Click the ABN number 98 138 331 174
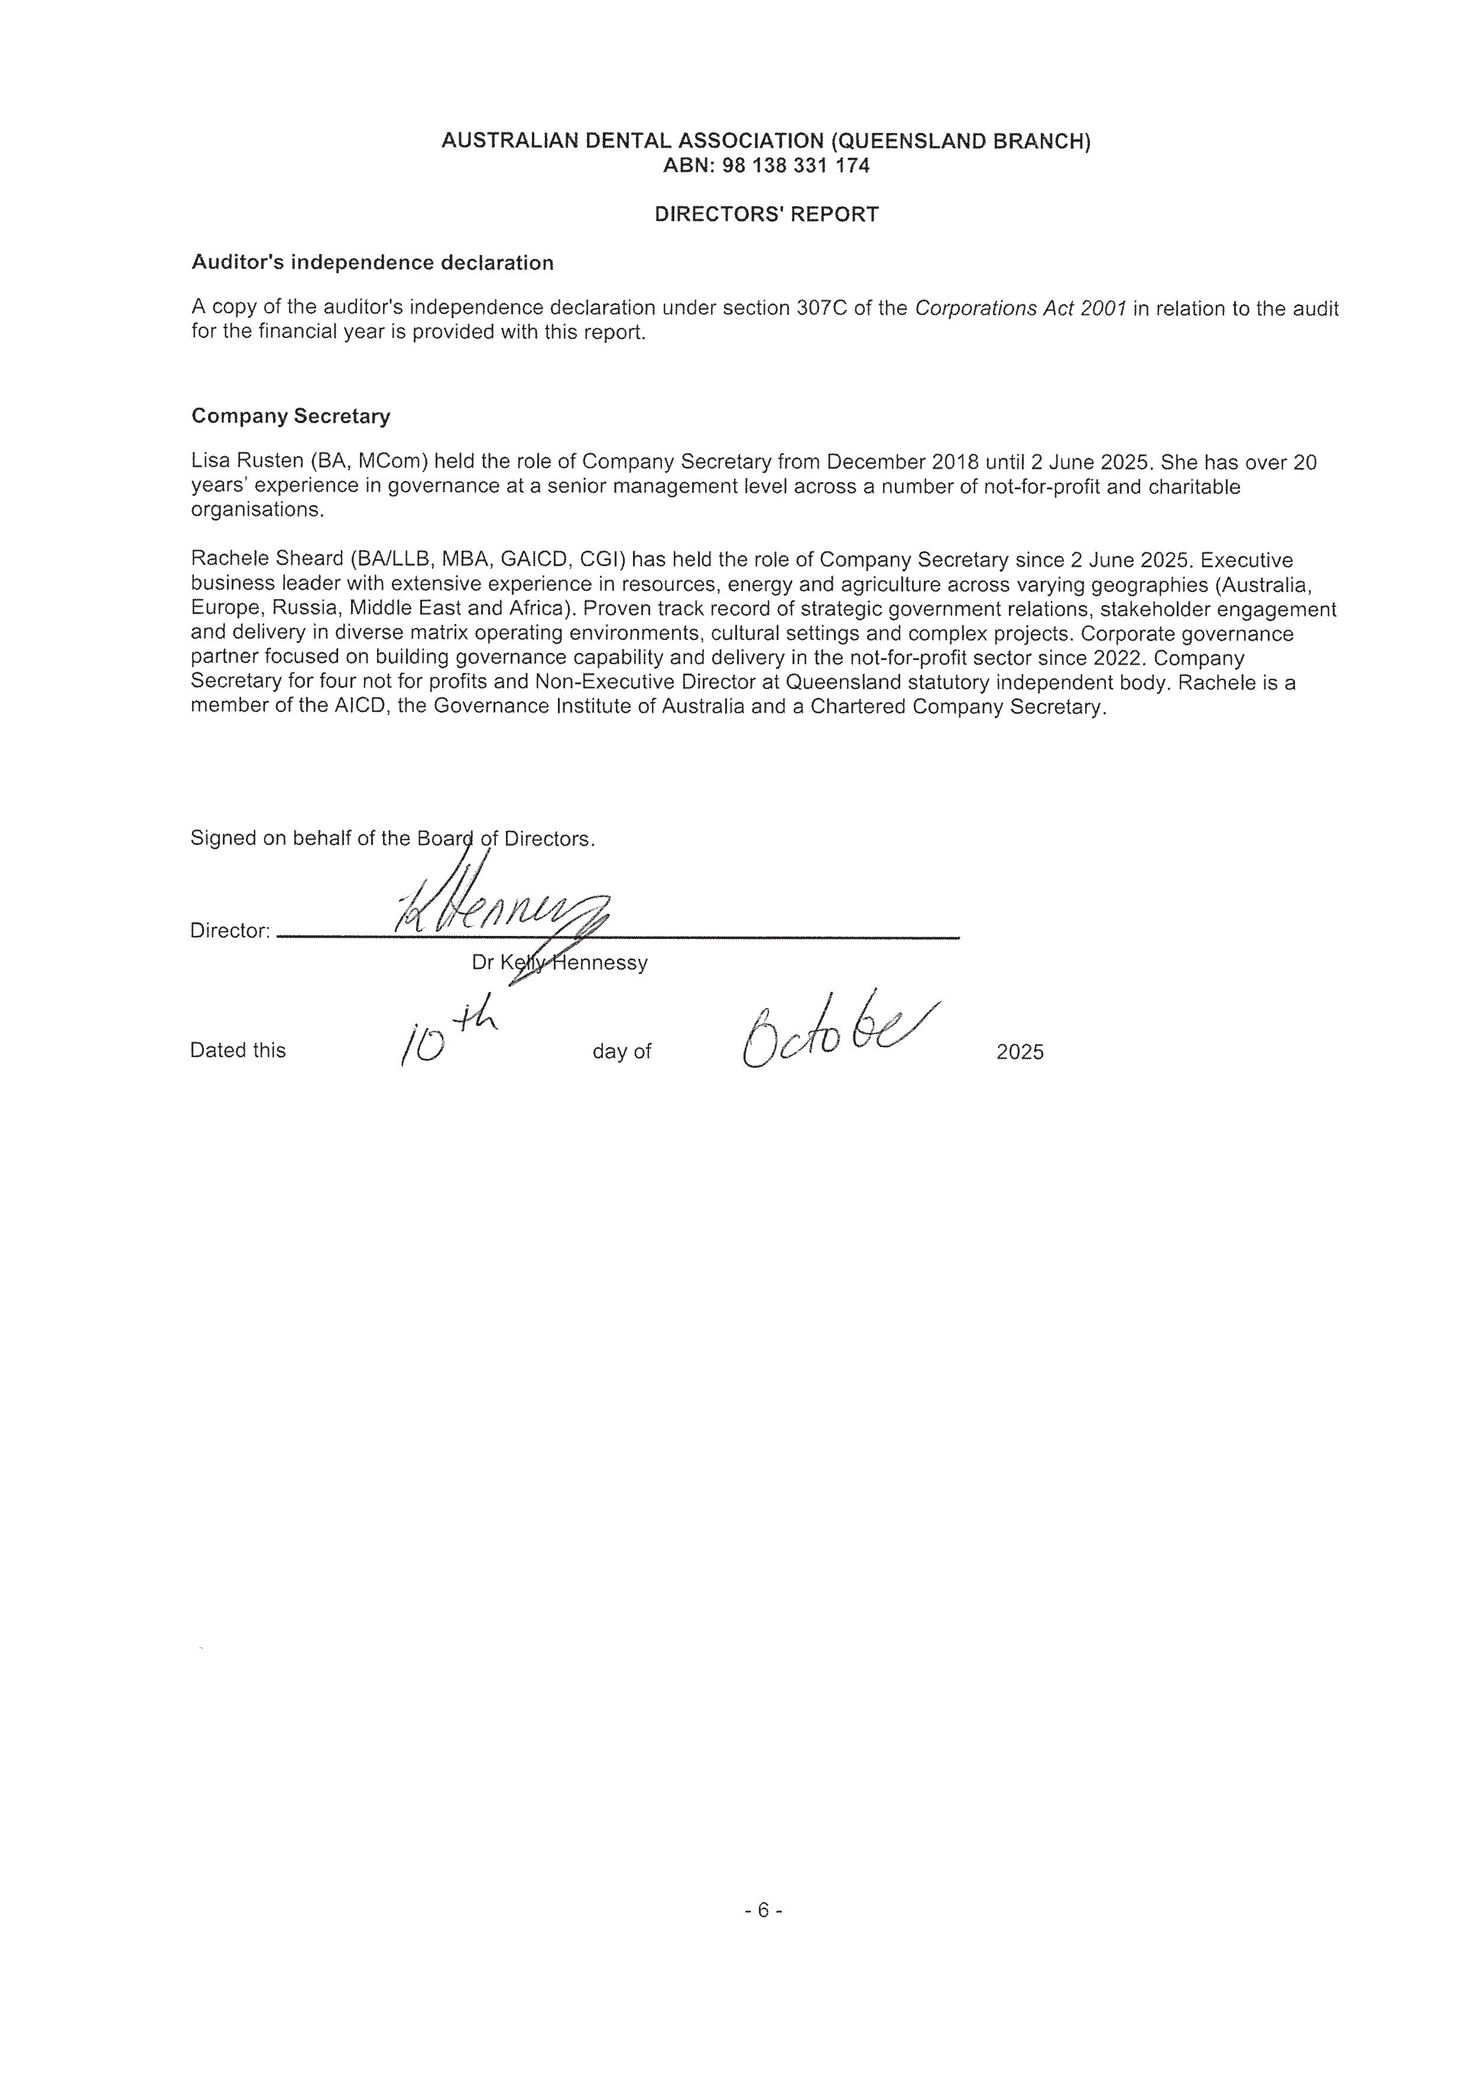point(795,165)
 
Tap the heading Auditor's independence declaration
point(372,263)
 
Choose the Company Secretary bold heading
point(291,417)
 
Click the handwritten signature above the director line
point(499,908)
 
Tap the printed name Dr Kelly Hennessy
point(559,963)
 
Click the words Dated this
point(238,1051)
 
